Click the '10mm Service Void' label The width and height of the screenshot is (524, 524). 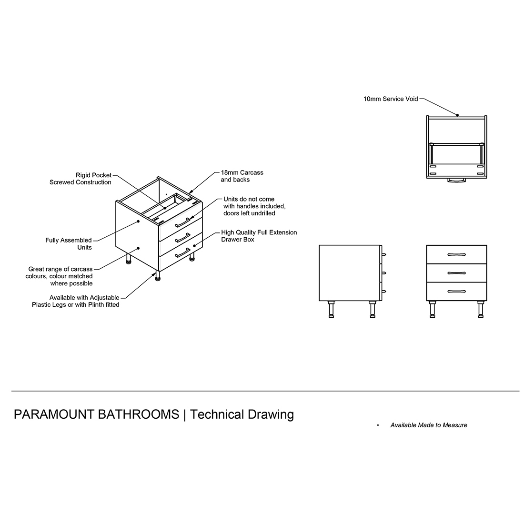click(x=390, y=99)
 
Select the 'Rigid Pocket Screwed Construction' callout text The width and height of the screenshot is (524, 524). click(x=81, y=179)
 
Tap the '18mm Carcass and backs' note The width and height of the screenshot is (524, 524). click(x=242, y=176)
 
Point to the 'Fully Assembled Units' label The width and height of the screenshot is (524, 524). click(x=69, y=244)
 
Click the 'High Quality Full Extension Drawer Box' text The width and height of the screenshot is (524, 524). click(x=259, y=236)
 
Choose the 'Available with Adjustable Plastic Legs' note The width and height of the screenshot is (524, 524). click(x=76, y=301)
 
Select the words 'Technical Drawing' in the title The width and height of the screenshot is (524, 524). click(x=242, y=414)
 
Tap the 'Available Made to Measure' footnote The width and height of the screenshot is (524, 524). click(x=429, y=425)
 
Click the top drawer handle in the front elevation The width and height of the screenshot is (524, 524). click(x=456, y=254)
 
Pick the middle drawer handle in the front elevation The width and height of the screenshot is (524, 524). click(x=456, y=272)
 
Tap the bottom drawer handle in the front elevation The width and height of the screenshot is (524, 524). click(x=456, y=291)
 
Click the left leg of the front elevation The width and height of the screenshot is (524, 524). click(x=433, y=310)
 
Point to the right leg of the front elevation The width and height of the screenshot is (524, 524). click(x=480, y=310)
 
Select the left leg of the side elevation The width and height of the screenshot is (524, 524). click(x=331, y=310)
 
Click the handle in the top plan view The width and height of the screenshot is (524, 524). click(x=456, y=180)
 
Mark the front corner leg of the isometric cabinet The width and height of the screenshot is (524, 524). click(x=157, y=276)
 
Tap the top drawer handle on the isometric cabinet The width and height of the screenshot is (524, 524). click(x=182, y=222)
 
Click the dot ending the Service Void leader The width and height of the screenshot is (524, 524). click(x=457, y=115)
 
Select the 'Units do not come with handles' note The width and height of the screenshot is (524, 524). click(x=254, y=206)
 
